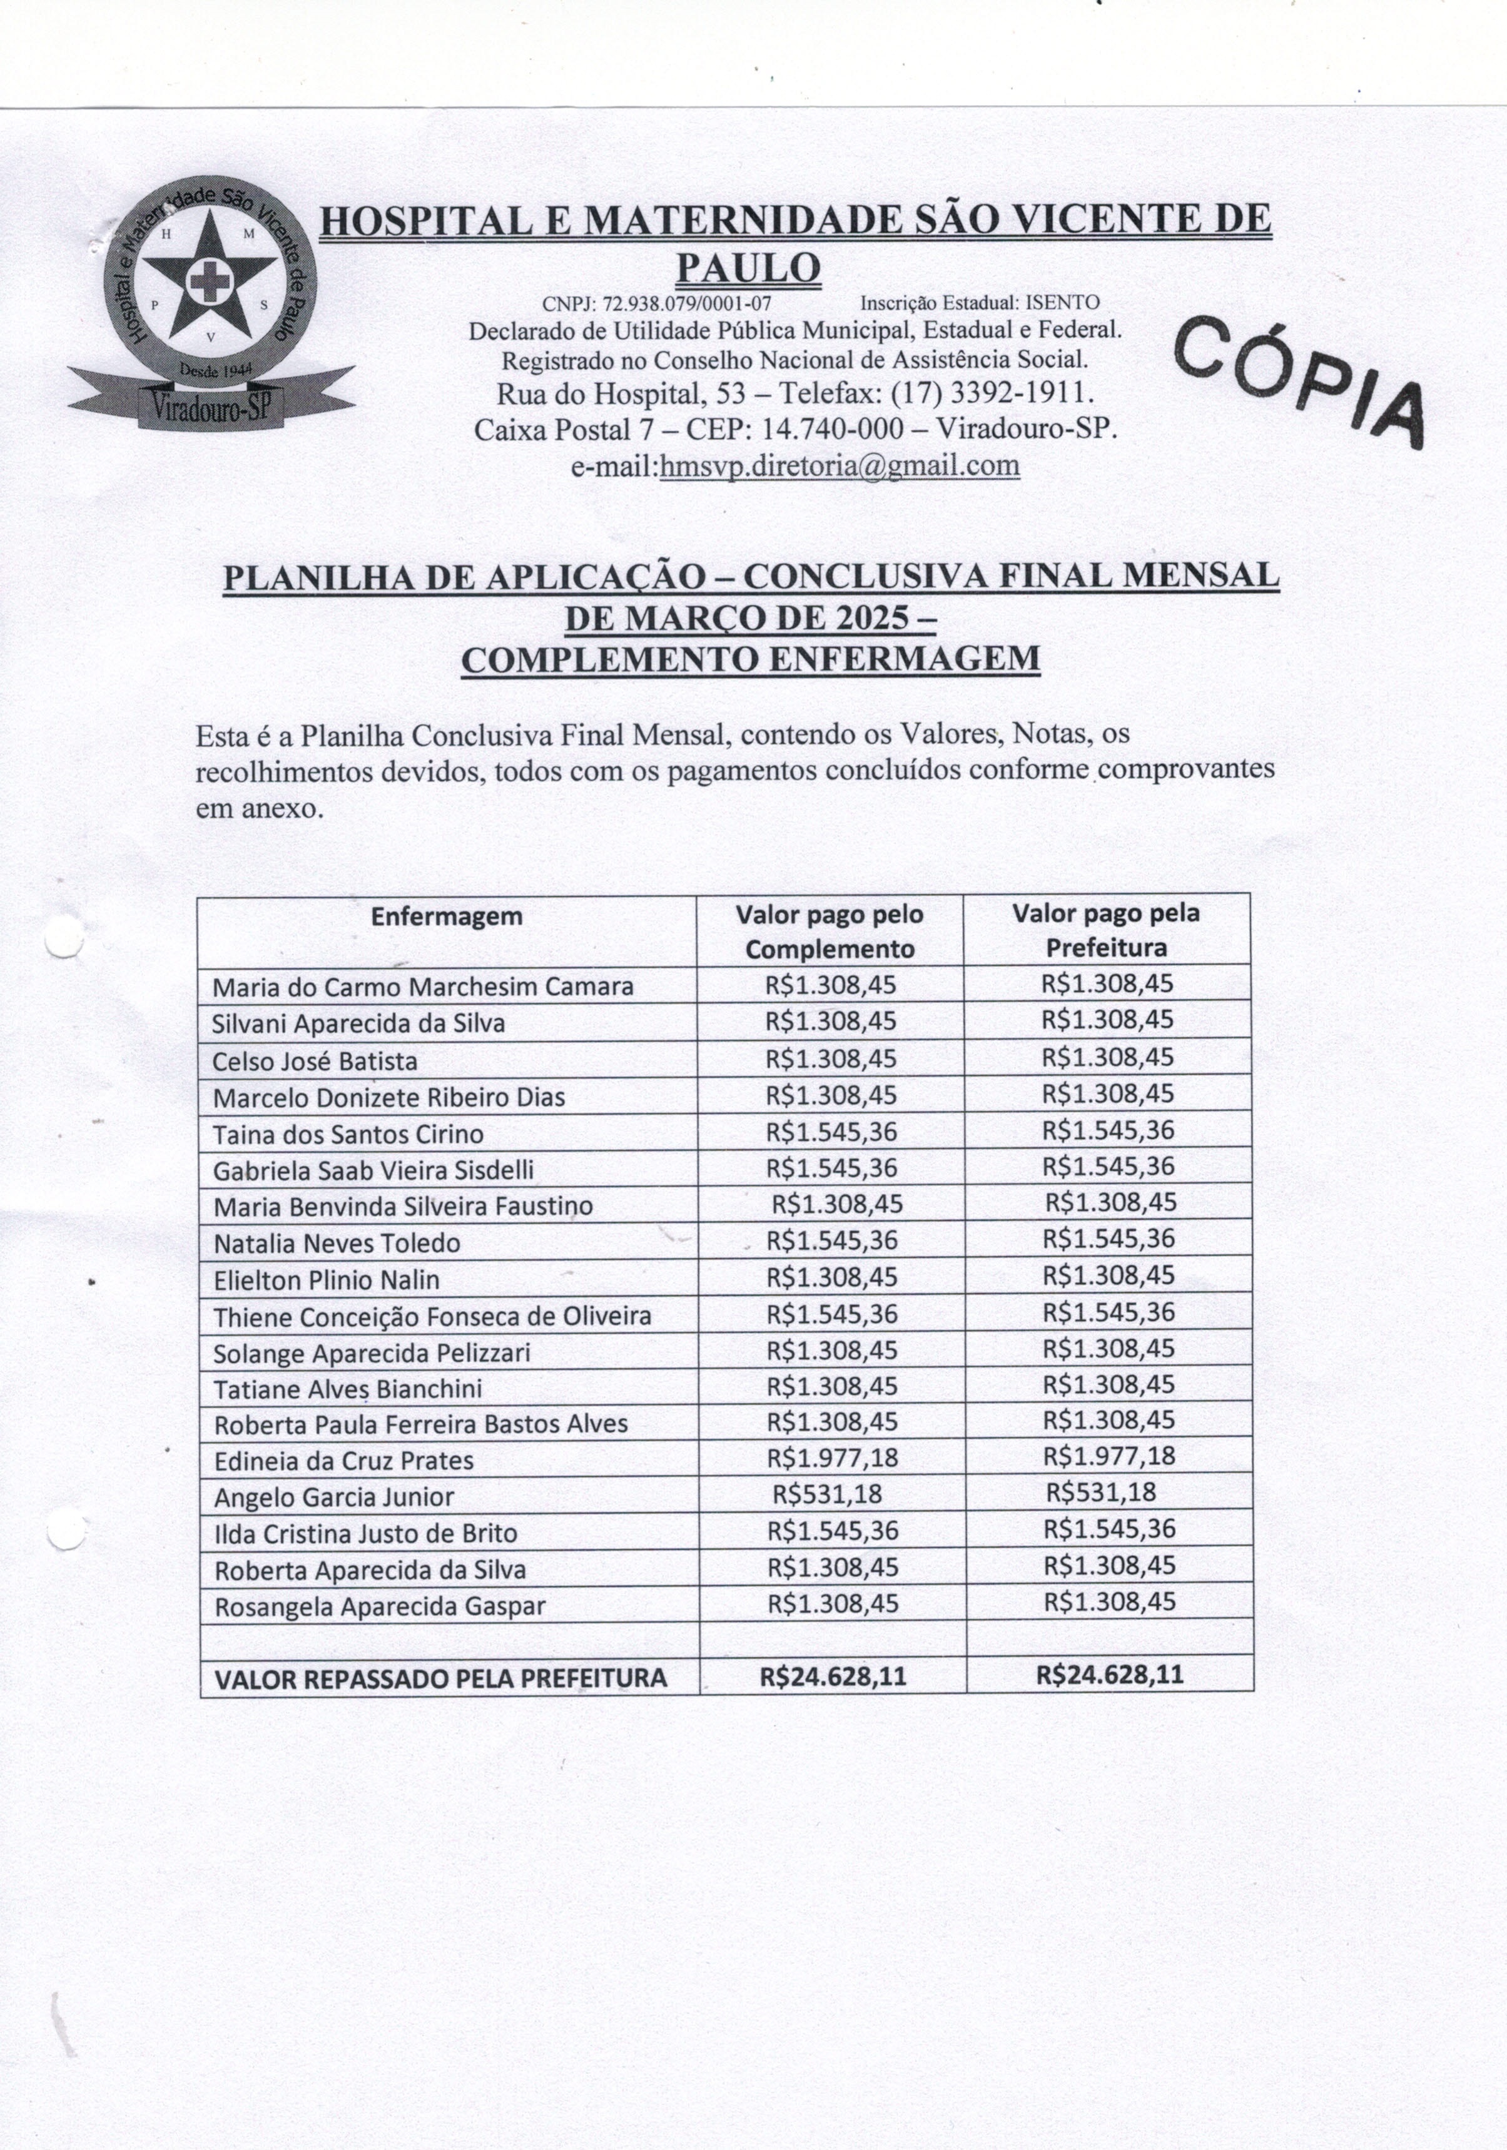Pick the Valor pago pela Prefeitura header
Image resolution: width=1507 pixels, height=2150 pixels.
[1105, 930]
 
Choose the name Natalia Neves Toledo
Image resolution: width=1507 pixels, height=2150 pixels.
[337, 1244]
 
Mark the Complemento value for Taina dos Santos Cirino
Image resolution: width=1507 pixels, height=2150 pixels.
[832, 1133]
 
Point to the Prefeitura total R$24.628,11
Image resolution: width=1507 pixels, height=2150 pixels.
[1109, 1675]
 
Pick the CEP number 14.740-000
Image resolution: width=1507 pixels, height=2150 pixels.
[834, 429]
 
